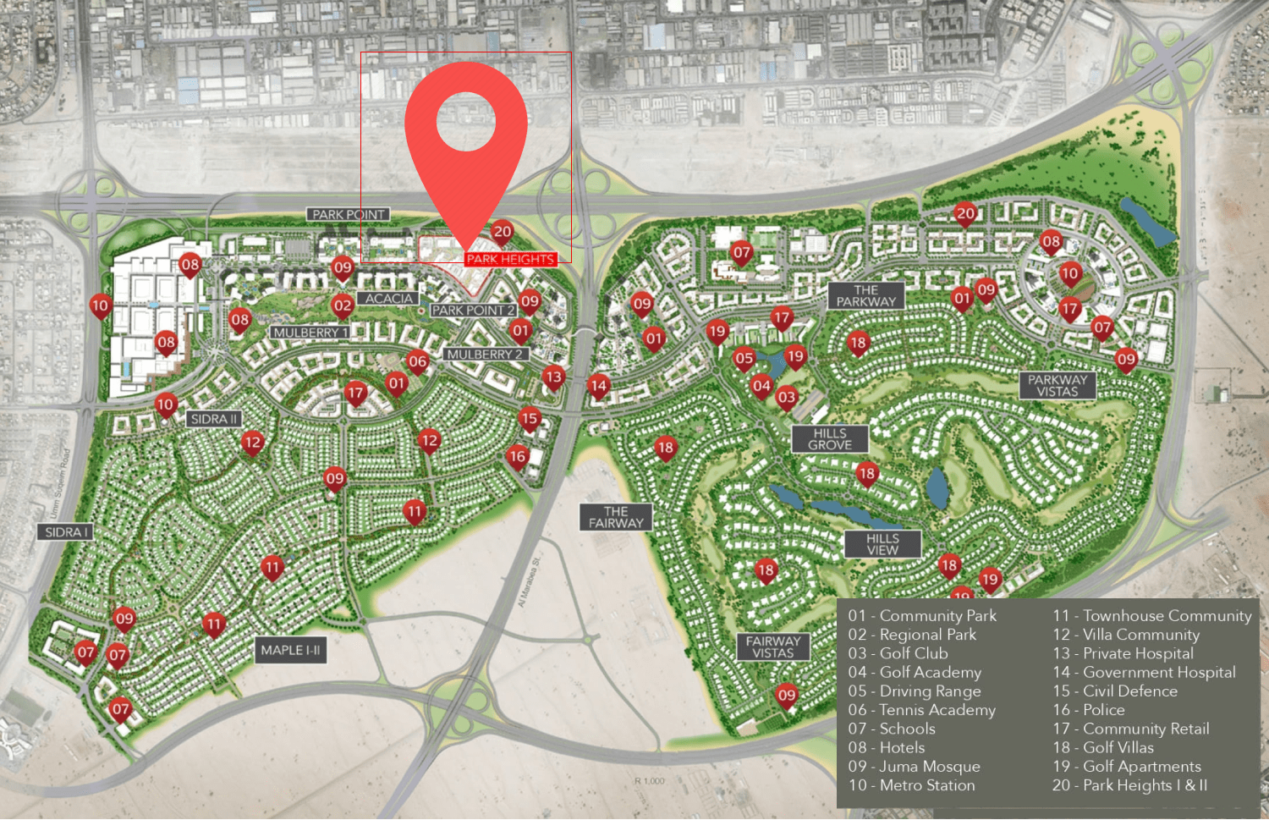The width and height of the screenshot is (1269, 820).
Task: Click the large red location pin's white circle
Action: [x=466, y=121]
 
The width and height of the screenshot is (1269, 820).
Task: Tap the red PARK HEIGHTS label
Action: [x=510, y=259]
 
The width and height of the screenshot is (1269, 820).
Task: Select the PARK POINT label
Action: [x=348, y=215]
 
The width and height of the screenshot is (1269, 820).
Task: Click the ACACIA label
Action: [x=389, y=299]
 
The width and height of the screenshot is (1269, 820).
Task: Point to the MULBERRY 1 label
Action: [x=310, y=333]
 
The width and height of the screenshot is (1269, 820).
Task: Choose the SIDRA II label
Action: [x=214, y=419]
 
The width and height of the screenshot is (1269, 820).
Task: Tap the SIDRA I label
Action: [x=65, y=532]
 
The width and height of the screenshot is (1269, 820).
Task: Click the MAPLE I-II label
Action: [x=290, y=650]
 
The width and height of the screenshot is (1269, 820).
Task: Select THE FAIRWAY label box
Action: [x=616, y=517]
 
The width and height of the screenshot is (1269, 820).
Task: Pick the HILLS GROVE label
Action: [x=829, y=438]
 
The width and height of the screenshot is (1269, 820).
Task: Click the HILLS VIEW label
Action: [x=882, y=544]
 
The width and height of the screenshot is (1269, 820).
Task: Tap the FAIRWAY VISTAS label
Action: [x=772, y=647]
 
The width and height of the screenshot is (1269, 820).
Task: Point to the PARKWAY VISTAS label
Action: [x=1057, y=385]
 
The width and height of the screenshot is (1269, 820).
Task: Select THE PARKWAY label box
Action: [x=865, y=295]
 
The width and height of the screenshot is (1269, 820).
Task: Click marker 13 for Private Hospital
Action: [x=553, y=377]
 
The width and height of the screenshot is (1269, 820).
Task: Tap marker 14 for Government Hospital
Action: [x=599, y=386]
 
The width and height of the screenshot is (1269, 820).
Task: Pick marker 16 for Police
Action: [x=518, y=457]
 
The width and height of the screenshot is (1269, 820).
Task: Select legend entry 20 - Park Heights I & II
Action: [x=1129, y=785]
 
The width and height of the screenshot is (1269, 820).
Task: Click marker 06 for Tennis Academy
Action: [x=418, y=361]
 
